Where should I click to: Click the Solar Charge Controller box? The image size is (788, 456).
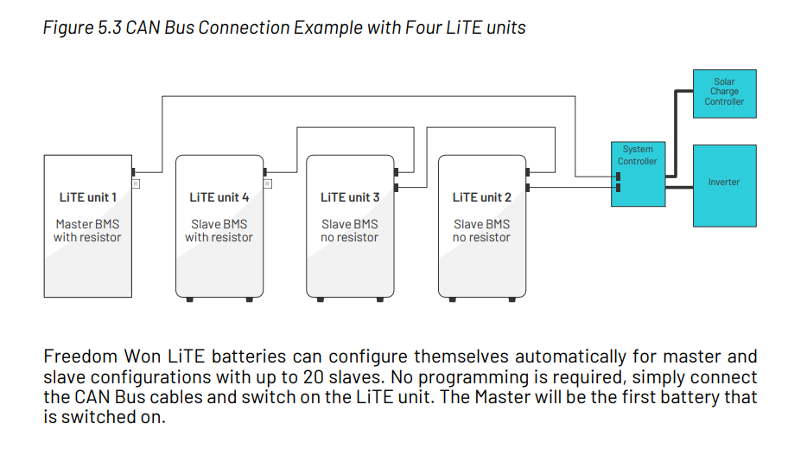click(724, 93)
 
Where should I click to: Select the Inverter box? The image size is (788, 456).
click(724, 182)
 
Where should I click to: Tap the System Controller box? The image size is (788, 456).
click(638, 173)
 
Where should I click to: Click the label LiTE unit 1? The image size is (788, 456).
click(87, 197)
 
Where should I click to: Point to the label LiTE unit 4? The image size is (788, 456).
click(219, 197)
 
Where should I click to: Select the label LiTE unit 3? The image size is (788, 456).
click(350, 197)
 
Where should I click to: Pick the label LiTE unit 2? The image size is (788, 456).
click(482, 197)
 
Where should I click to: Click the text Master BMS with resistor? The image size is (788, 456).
click(87, 231)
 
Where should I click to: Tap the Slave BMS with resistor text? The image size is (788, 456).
click(219, 231)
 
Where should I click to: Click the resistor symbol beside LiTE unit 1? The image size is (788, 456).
click(136, 183)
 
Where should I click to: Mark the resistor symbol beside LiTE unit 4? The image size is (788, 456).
click(268, 183)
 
